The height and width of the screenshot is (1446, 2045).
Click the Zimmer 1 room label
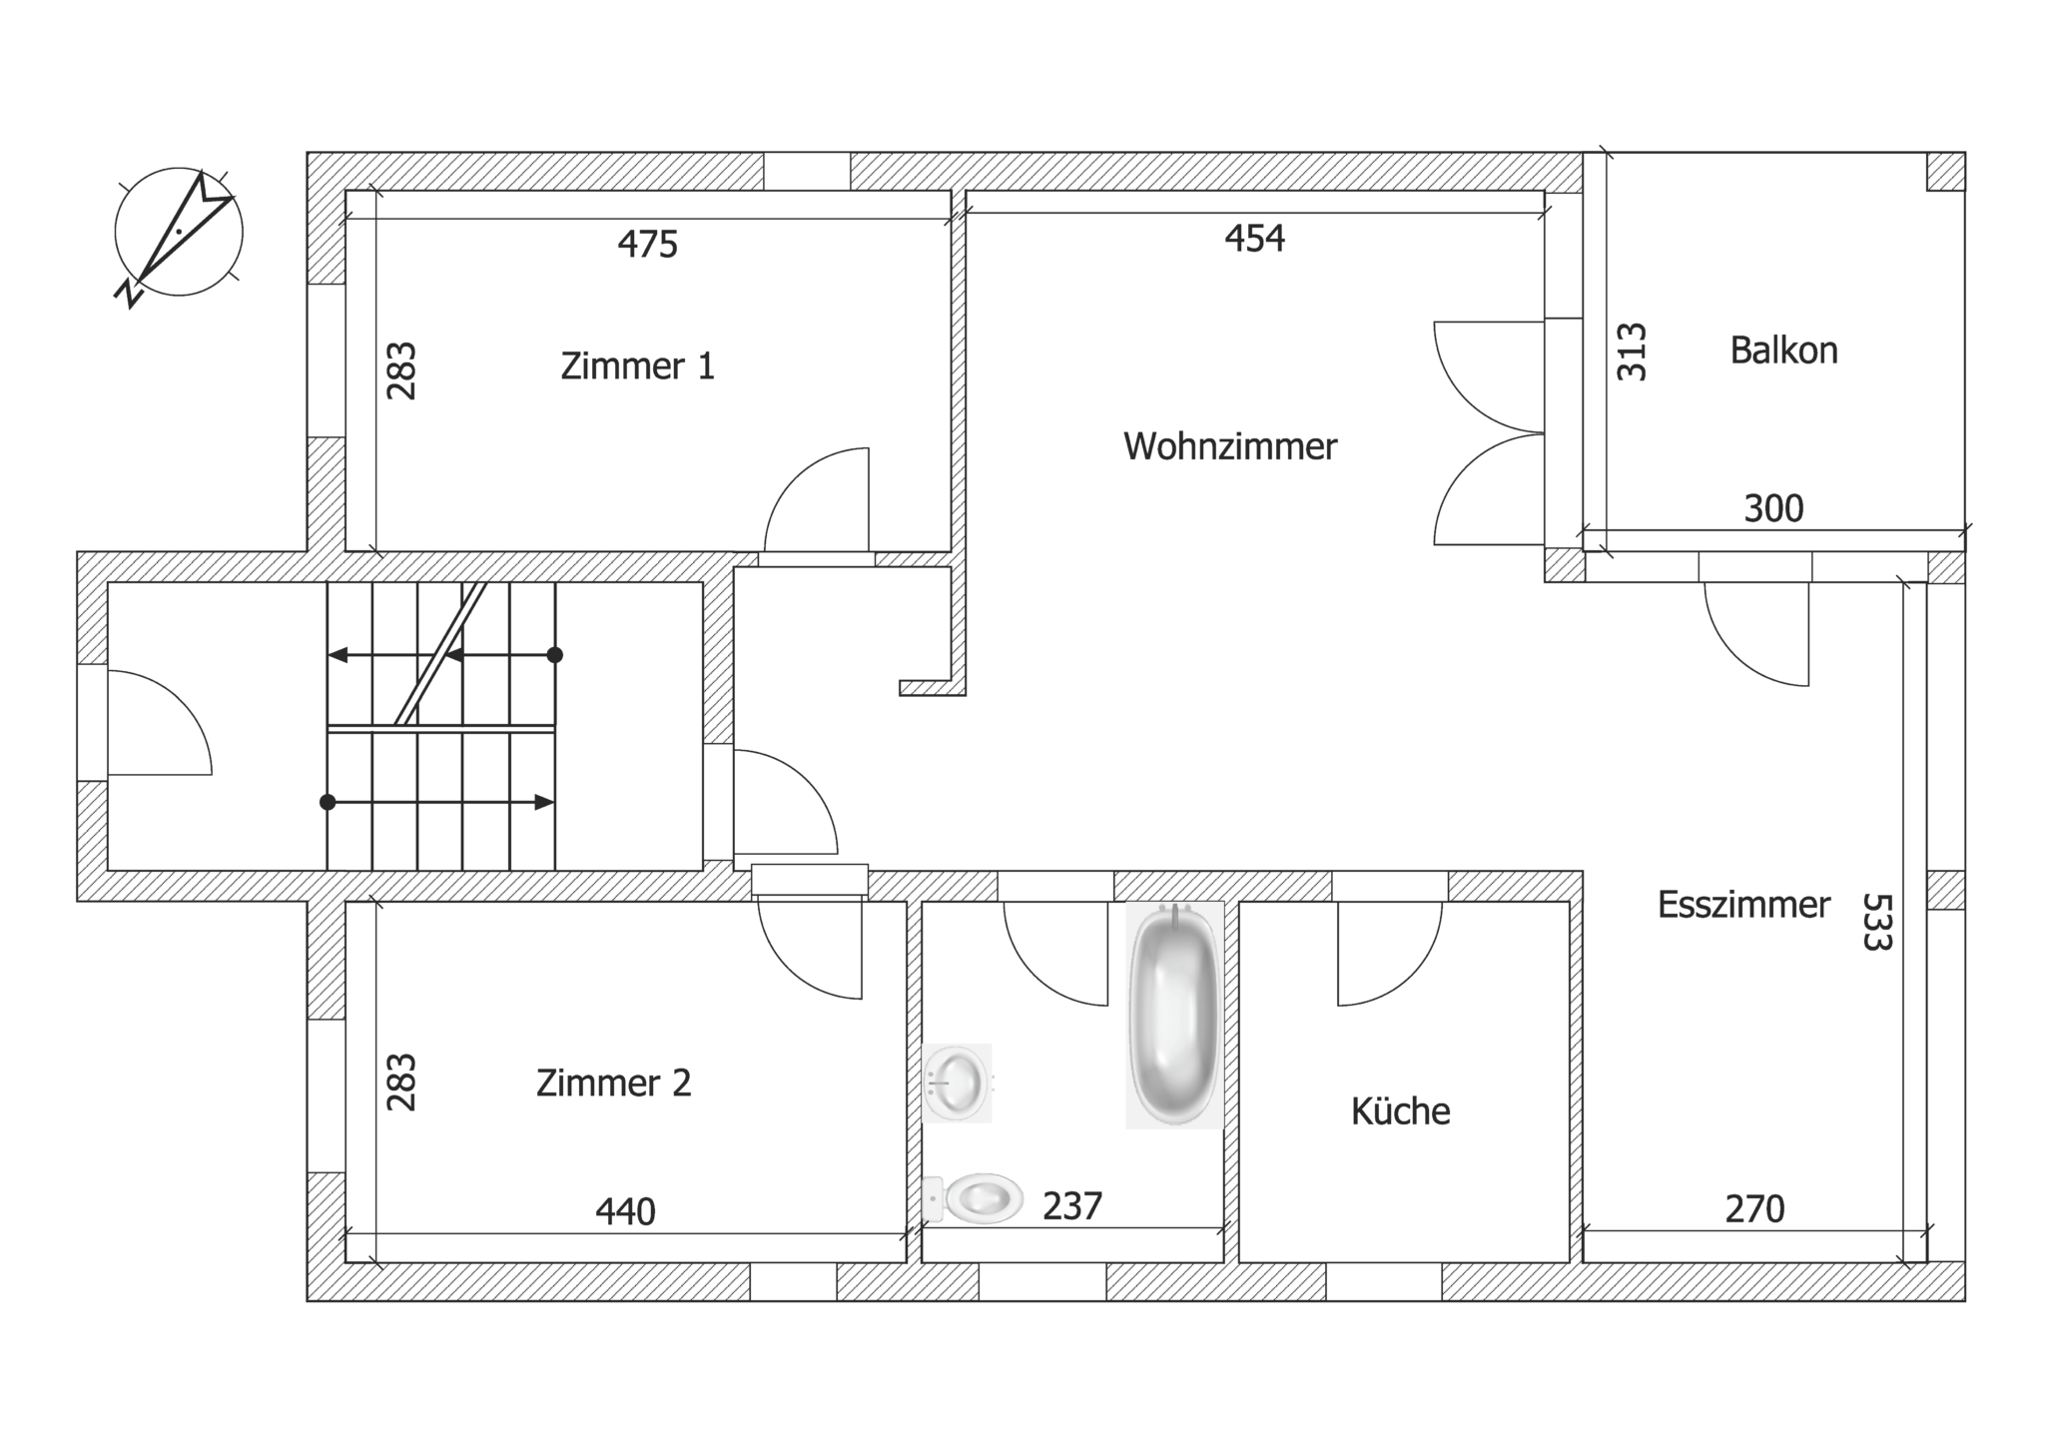637,366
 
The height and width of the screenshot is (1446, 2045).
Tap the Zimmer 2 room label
613,1083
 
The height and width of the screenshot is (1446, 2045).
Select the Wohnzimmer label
1229,446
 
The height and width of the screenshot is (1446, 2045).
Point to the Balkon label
1783,351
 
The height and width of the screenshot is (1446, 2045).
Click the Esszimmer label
1743,905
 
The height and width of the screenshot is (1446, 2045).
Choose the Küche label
1400,1110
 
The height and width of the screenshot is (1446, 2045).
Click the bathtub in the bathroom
1175,1015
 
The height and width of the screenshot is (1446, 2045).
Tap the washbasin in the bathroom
957,1083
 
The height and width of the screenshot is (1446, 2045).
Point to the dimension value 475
647,244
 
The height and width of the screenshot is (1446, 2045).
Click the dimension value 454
1254,239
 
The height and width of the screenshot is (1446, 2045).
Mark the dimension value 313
1631,352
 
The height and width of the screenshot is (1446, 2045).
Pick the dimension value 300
1773,509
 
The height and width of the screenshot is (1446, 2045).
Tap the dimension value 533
1877,921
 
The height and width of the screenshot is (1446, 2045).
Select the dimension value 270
1754,1209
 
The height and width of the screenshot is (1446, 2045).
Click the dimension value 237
1071,1206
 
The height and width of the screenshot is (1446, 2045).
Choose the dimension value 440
625,1212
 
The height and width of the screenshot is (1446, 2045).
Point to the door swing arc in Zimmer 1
795,475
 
